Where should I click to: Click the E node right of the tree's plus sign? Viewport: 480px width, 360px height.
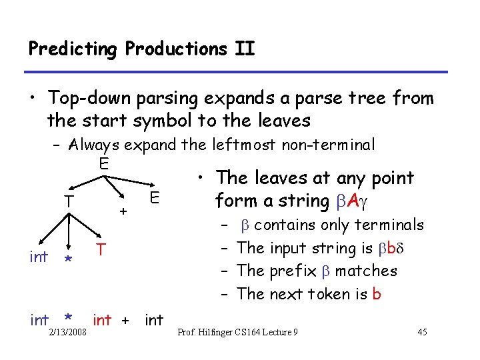point(154,197)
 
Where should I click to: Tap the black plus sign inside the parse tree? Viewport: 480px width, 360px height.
point(123,211)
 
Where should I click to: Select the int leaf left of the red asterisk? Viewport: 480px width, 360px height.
point(39,257)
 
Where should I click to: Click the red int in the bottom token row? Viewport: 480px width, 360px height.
point(102,320)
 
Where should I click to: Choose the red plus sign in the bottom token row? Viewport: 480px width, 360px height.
point(124,321)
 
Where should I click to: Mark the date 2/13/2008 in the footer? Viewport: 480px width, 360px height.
point(67,333)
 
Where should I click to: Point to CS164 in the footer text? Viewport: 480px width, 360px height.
point(260,333)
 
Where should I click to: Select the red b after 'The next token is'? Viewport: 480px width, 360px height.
point(377,294)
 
